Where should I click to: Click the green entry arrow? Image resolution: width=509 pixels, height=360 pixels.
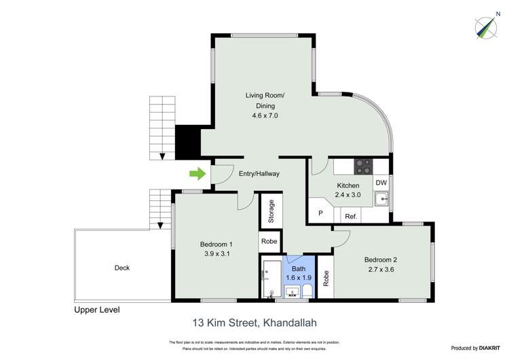[x=197, y=175]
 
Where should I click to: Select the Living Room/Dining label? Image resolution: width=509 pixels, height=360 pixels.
[x=265, y=101]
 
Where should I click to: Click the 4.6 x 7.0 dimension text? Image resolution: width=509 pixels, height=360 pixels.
[x=265, y=116]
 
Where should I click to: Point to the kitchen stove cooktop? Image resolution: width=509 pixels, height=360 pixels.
[x=364, y=166]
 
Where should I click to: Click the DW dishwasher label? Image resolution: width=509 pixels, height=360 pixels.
[x=381, y=183]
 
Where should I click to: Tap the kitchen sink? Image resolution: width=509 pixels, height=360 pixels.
[x=381, y=199]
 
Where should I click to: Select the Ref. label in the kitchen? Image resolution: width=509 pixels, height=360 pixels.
[x=350, y=216]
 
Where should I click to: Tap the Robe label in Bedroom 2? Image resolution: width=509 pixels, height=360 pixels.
[x=326, y=276]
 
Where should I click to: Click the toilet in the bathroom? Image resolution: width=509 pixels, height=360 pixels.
[x=307, y=291]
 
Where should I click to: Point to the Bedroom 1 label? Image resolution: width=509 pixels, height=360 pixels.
[x=216, y=245]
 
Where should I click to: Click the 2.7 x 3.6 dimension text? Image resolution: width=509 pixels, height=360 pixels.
[x=379, y=270]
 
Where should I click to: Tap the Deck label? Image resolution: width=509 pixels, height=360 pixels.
[x=121, y=268]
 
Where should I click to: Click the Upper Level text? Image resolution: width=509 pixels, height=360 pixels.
[x=96, y=310]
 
